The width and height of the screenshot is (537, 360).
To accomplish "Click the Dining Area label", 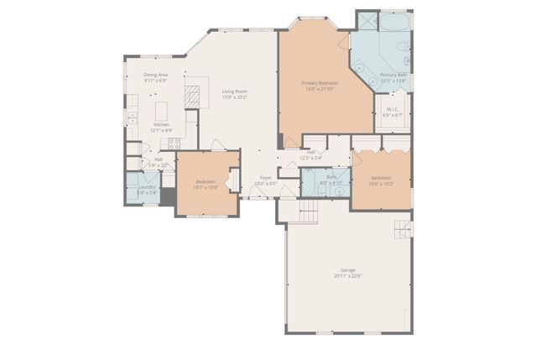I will (155, 76).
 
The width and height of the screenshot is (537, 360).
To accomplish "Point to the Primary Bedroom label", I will (320, 83).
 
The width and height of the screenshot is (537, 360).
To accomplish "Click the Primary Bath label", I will (393, 76).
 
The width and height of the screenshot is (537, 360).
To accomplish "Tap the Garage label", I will (347, 270).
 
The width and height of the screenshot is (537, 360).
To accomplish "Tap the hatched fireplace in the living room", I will (193, 97).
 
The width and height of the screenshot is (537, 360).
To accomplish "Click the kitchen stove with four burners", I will (175, 143).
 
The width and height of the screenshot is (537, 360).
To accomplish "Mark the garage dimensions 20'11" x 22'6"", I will (347, 276).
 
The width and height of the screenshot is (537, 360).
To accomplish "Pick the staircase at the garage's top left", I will (310, 211).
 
